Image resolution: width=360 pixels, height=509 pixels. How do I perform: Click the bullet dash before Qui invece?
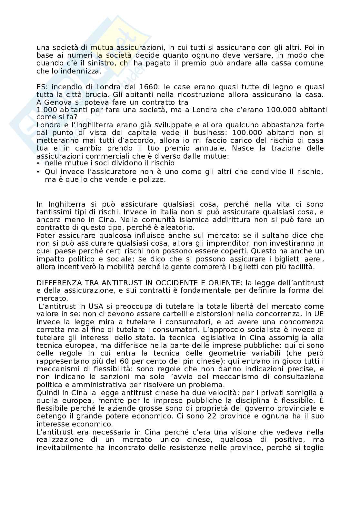(x=38, y=172)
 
